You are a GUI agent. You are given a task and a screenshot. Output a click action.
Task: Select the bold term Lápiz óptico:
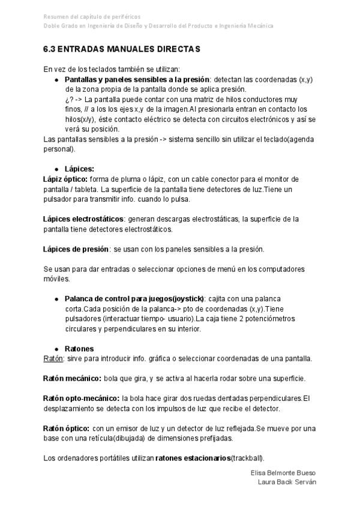tap(66, 179)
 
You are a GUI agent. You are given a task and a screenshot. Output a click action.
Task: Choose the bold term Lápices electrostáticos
tap(83, 219)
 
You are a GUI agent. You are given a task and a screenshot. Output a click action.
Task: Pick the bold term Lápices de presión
tap(76, 249)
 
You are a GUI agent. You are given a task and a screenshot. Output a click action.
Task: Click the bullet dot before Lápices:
tap(56, 169)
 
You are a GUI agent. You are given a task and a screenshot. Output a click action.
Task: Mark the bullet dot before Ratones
tap(56, 349)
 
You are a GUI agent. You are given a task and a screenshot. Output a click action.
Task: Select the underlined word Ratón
tap(53, 358)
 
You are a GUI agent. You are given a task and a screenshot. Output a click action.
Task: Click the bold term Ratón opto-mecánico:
tap(82, 399)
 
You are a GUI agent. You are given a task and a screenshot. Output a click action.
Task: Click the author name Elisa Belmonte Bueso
tap(283, 473)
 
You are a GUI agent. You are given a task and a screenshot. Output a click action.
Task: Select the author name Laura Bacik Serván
tap(287, 482)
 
